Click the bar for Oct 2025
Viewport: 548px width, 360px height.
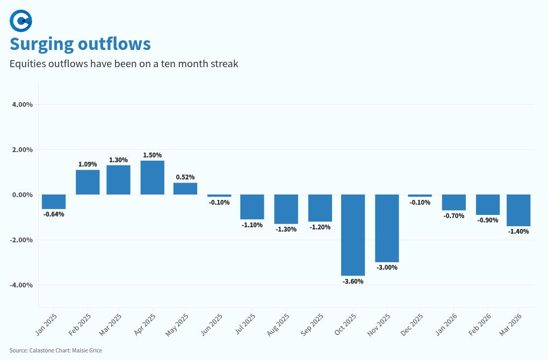(353, 235)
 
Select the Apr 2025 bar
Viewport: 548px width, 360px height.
(153, 177)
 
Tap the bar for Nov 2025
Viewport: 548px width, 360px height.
(387, 228)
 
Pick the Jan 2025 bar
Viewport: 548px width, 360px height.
(54, 201)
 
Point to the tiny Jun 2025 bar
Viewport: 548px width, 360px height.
(219, 196)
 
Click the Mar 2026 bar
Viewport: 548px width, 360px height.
(518, 210)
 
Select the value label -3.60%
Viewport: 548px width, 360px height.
(353, 281)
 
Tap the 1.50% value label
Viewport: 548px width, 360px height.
(153, 155)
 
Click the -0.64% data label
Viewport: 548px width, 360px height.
(54, 214)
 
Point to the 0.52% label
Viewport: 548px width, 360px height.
(185, 177)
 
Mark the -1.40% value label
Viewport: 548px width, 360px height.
(518, 232)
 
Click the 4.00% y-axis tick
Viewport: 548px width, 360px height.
(22, 104)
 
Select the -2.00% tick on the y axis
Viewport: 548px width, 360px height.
(21, 240)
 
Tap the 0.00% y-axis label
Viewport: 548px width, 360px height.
(22, 195)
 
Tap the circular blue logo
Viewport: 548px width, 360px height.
(21, 21)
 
